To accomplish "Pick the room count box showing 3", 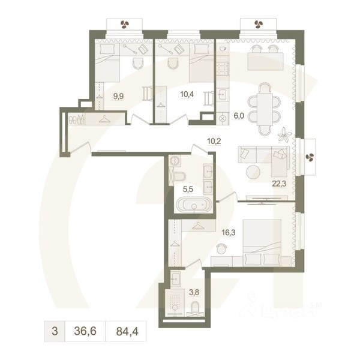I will pyautogui.click(x=55, y=330).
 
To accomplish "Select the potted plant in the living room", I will pyautogui.click(x=284, y=134).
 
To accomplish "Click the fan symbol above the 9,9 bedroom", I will pyautogui.click(x=125, y=25).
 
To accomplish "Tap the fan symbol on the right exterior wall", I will pyautogui.click(x=310, y=157).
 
